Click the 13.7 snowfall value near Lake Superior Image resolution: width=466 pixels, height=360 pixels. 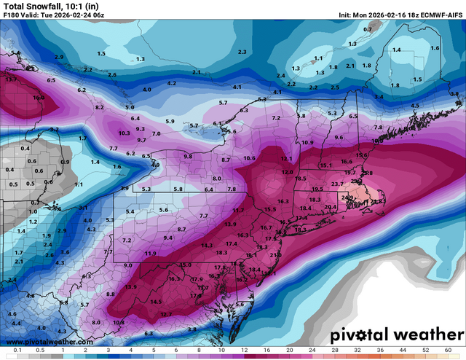click(x=11, y=79)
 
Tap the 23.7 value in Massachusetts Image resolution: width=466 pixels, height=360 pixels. click(x=338, y=184)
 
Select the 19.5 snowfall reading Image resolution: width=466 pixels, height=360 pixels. click(x=317, y=189)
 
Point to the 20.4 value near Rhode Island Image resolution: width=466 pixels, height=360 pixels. click(x=331, y=207)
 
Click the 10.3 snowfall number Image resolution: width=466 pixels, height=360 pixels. click(x=124, y=133)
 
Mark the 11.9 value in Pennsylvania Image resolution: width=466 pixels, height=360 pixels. click(x=150, y=253)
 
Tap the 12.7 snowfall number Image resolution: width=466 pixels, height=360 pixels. click(x=166, y=314)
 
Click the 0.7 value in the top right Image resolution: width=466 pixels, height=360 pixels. click(x=368, y=29)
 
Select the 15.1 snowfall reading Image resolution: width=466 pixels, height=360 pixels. click(x=325, y=165)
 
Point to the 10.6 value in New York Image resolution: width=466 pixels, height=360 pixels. click(x=250, y=158)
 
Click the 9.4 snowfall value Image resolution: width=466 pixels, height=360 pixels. click(x=168, y=238)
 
